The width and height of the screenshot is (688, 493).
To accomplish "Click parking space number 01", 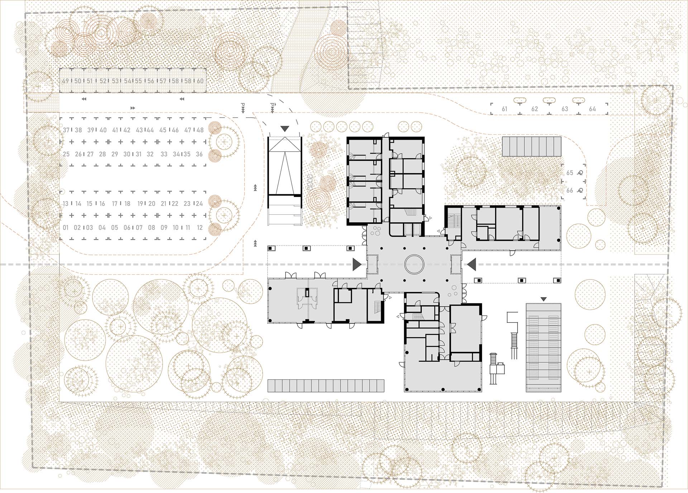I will pos(66,228).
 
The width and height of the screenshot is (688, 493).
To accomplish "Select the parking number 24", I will pos(199,204).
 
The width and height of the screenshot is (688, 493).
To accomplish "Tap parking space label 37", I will pos(66,130).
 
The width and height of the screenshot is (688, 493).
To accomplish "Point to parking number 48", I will pos(200,130).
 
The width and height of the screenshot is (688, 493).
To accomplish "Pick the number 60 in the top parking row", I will pos(200,81).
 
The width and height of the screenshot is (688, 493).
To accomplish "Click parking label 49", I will pos(65,81).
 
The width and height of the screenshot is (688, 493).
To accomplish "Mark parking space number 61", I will pos(505,109).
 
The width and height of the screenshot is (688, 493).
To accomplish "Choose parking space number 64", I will pos(592,109).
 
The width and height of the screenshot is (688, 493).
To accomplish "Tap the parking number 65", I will pos(570,173).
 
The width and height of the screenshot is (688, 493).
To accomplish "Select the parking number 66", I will pos(570,191).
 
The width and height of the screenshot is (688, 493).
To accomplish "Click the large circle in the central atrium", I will pos(415,265).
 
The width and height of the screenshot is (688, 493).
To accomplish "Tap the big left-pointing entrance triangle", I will pos(472,264).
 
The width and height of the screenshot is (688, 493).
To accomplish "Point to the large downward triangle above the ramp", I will pos(285,129).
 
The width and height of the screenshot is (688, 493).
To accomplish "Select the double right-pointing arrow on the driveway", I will pos(133,108).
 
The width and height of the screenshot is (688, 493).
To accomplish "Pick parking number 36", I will pos(199,154).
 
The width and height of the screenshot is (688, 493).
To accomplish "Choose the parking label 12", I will pos(200,228).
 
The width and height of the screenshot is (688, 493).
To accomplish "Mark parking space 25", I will pos(66,154).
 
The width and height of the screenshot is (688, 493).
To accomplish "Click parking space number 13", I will pos(66,204).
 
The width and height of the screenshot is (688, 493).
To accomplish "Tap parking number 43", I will pos(139,130).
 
